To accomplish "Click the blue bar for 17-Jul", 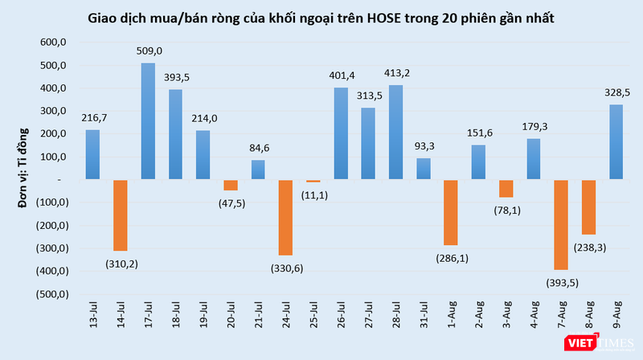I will tap(148, 121).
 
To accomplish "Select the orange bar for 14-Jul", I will tap(121, 215).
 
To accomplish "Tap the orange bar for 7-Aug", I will tap(562, 224).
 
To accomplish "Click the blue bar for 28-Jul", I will tap(396, 133).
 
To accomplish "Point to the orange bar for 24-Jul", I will tap(286, 218).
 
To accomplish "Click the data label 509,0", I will tap(149, 51).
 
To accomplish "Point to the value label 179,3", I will tap(534, 125).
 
